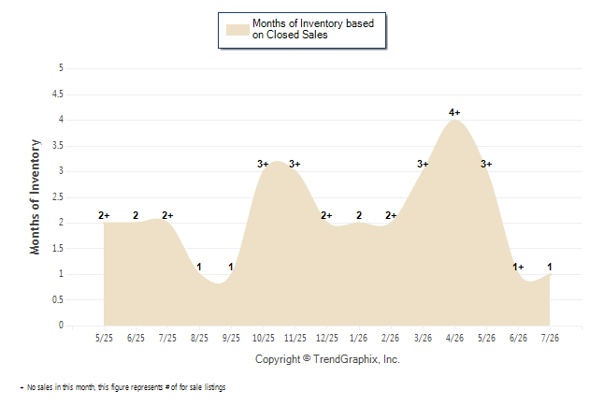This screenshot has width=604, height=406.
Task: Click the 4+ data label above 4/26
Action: coord(454,112)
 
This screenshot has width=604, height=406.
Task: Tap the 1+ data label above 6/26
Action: coord(518,267)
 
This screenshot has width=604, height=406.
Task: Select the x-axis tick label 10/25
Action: coord(264,338)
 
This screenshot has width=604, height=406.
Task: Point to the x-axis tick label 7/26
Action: coord(550,338)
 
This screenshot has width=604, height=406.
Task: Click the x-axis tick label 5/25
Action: coord(104,338)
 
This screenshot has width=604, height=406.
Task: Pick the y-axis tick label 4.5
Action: coord(58,94)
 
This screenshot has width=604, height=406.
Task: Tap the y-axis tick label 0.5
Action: coord(58,299)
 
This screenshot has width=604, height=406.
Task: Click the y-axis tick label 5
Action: coord(61,68)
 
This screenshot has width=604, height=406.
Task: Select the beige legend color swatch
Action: coord(237,30)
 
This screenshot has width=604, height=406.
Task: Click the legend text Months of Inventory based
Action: coord(313,23)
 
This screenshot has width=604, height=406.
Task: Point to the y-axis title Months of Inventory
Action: coord(35,197)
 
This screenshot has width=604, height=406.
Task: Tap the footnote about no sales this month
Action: coord(122,387)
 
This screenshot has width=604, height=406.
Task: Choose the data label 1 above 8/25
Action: coord(199,267)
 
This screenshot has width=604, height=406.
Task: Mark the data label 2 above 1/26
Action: coord(359,215)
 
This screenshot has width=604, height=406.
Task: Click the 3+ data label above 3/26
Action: coord(423,165)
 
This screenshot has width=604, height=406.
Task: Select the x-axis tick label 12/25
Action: coord(327,338)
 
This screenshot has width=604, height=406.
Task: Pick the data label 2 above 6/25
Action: coord(136,215)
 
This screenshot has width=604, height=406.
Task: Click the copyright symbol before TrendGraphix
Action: coord(307,358)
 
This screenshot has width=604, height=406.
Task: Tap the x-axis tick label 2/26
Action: coord(390,338)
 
